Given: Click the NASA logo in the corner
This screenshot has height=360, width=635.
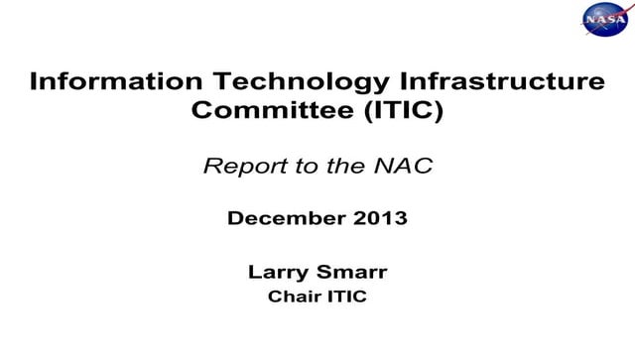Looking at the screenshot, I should (x=602, y=20).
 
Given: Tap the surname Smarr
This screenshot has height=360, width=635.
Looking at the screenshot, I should (x=355, y=271).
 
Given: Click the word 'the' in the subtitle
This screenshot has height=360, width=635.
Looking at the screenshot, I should (x=342, y=166).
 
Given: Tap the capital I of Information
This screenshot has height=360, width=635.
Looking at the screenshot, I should (x=34, y=81).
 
